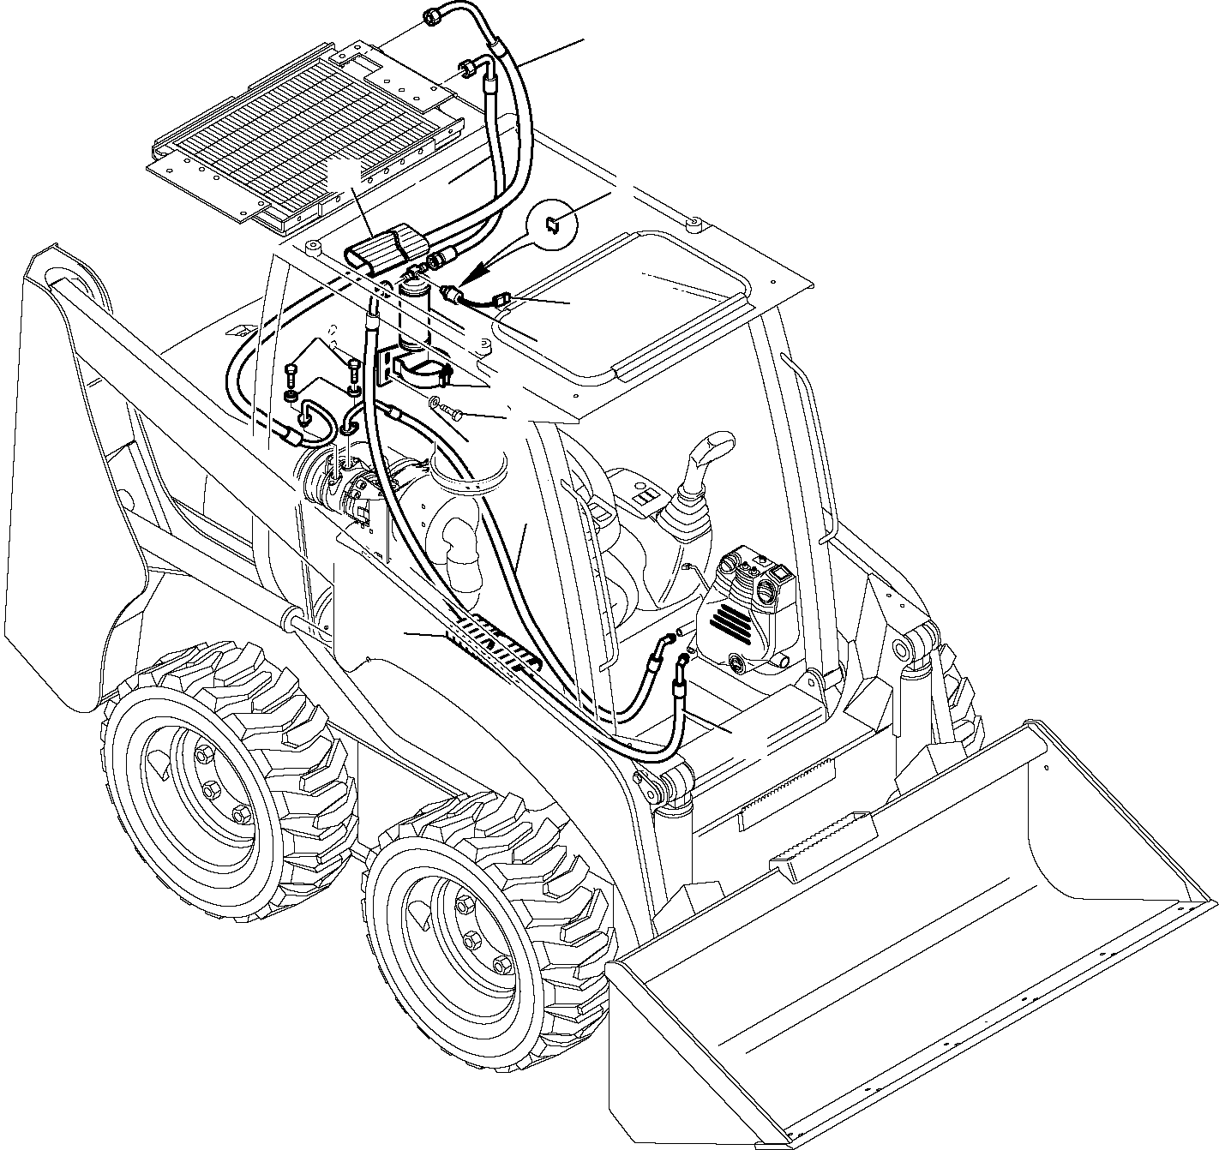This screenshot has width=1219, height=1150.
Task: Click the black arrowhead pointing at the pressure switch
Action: (468, 276)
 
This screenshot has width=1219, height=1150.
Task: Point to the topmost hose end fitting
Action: (433, 15)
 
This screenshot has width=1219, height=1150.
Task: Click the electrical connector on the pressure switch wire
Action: (504, 300)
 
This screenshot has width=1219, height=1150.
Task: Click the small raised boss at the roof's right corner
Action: (694, 226)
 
